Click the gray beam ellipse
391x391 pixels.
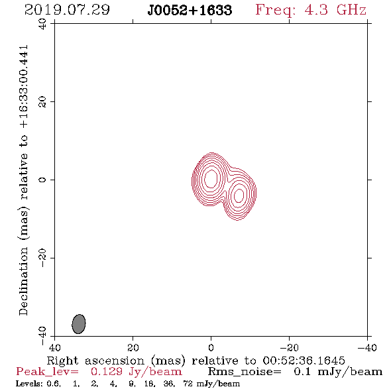click(x=79, y=324)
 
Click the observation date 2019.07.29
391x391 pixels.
click(x=67, y=10)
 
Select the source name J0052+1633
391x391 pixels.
click(x=190, y=11)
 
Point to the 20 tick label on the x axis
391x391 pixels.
click(x=133, y=347)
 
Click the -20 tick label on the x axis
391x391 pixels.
click(x=289, y=347)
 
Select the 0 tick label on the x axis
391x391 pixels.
click(x=211, y=347)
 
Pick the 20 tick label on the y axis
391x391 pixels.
click(x=42, y=102)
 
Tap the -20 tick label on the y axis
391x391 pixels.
click(x=42, y=258)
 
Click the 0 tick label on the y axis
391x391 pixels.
click(x=42, y=180)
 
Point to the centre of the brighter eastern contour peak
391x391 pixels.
click(x=211, y=178)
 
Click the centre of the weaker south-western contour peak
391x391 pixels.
click(x=239, y=195)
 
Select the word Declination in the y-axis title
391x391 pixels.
click(x=23, y=282)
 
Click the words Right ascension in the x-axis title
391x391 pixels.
click(x=95, y=361)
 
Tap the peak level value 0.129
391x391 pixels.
click(x=106, y=372)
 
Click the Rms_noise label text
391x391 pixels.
click(x=245, y=372)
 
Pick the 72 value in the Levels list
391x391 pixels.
click(x=188, y=384)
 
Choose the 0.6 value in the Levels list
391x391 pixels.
click(x=54, y=384)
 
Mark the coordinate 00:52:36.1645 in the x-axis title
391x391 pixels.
click(x=304, y=361)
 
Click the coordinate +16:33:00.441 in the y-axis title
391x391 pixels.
click(x=23, y=87)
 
